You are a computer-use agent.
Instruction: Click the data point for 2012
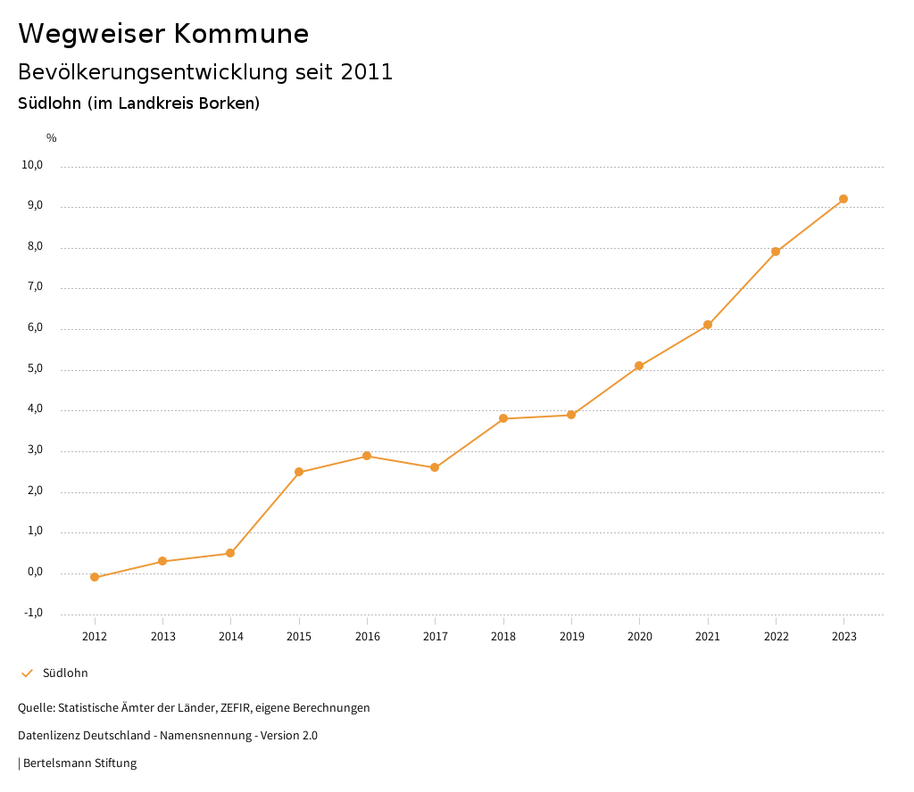click(x=95, y=577)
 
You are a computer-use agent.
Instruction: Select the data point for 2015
click(x=299, y=472)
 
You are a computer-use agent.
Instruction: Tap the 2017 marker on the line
click(x=435, y=467)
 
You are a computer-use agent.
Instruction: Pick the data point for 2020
click(x=639, y=366)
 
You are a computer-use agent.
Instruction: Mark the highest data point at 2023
click(x=843, y=199)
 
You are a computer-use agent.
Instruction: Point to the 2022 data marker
click(x=776, y=252)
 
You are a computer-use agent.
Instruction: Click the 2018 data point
click(x=503, y=418)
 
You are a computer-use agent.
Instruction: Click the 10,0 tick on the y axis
click(x=34, y=165)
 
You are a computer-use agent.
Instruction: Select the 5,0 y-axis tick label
click(x=34, y=369)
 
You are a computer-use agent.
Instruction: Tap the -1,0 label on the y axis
click(x=34, y=613)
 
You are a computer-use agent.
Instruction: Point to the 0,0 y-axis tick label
click(x=34, y=572)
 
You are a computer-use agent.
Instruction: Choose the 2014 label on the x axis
click(x=231, y=636)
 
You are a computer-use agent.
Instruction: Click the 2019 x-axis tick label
click(x=571, y=636)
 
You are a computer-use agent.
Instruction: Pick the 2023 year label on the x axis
click(x=843, y=636)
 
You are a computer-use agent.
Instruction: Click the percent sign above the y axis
click(x=52, y=137)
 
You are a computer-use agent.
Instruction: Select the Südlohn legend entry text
click(x=65, y=673)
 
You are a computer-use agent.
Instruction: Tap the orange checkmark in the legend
click(x=27, y=673)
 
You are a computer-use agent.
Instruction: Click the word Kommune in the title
click(x=241, y=34)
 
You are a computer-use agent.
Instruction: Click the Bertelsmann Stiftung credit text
click(x=79, y=763)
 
